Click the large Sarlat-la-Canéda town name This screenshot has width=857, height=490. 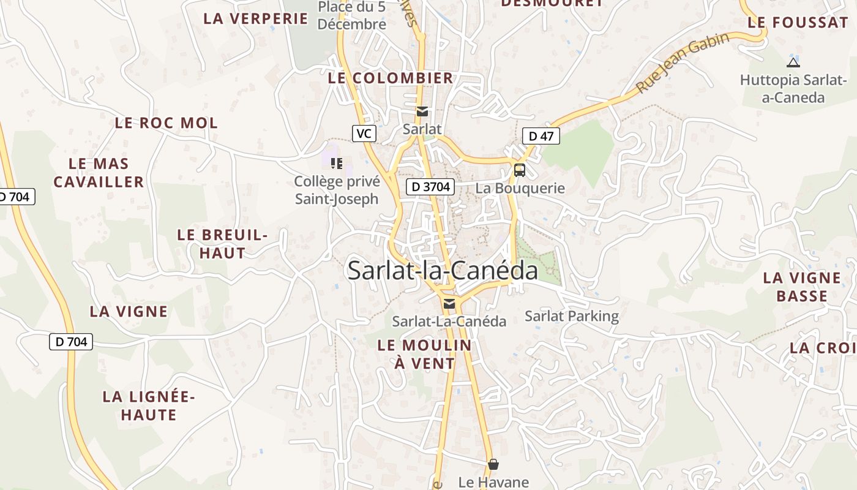click(x=443, y=270)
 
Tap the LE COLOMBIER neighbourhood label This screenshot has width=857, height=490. click(x=391, y=78)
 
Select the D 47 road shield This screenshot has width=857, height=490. click(x=541, y=136)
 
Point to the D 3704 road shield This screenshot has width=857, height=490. click(x=430, y=187)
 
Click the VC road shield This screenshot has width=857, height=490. click(x=364, y=133)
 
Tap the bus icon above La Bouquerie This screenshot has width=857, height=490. click(x=519, y=170)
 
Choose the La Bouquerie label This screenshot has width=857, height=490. click(x=520, y=188)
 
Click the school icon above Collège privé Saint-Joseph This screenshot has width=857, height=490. click(x=337, y=163)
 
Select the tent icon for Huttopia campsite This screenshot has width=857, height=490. click(x=793, y=62)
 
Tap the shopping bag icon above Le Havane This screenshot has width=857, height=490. click(x=493, y=464)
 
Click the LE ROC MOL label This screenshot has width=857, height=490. click(x=166, y=123)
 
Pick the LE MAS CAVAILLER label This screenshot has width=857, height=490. click(x=99, y=173)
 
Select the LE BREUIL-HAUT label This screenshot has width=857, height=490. click(x=222, y=244)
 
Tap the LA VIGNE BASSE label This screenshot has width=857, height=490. click(x=802, y=287)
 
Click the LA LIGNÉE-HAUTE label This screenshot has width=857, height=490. click(x=148, y=405)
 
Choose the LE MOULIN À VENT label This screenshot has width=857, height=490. click(x=425, y=354)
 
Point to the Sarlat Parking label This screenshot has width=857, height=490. click(x=572, y=316)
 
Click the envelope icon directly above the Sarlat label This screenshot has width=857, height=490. click(x=422, y=111)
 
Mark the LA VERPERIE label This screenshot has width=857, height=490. click(x=256, y=18)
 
